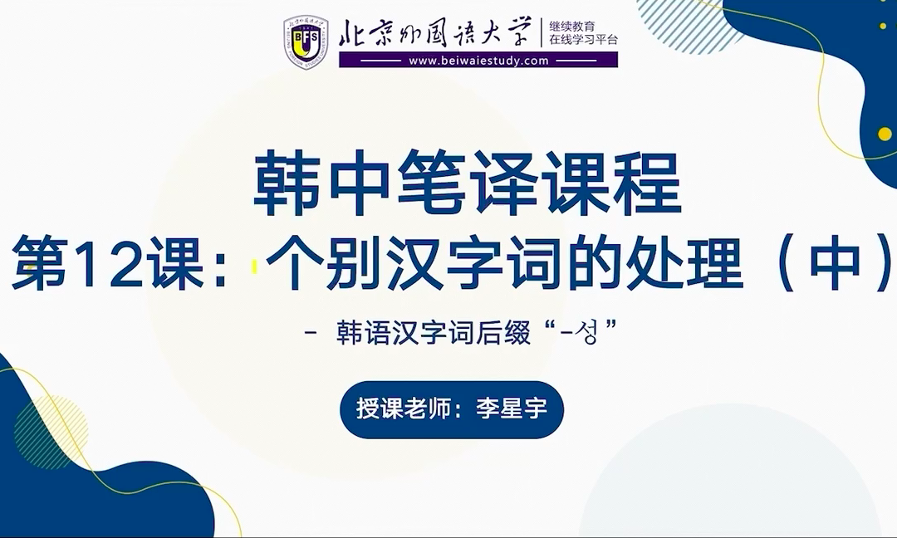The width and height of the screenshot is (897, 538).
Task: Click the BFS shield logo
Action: click(306, 42)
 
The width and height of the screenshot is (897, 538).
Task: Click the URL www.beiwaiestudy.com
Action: click(478, 61)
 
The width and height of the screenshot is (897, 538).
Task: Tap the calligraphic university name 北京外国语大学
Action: click(434, 32)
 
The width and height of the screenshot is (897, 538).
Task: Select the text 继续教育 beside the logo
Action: click(572, 27)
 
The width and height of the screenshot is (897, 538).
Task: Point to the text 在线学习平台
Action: click(584, 40)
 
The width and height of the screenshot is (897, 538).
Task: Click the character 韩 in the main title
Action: click(286, 183)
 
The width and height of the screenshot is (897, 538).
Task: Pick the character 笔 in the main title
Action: click(430, 183)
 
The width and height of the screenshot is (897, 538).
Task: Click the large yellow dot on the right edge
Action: click(885, 134)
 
